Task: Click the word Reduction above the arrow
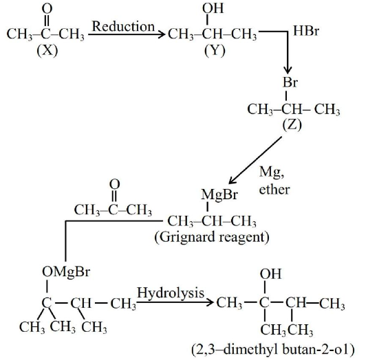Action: (x=123, y=26)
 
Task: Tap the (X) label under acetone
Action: (x=47, y=50)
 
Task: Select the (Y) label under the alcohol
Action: (x=215, y=50)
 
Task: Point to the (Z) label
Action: (x=292, y=125)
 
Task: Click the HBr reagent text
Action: (x=306, y=30)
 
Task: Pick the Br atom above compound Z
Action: (x=290, y=82)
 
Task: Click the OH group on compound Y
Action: (x=213, y=8)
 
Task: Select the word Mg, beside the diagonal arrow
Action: (x=272, y=172)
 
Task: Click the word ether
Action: (x=274, y=190)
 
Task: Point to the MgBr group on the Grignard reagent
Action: (x=219, y=194)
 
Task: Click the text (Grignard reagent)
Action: (x=212, y=237)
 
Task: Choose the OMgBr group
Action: (x=66, y=272)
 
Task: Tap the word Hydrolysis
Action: (x=171, y=293)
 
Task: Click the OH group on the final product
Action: (x=270, y=274)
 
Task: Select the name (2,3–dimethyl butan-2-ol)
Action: (x=273, y=350)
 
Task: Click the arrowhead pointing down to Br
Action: (x=288, y=70)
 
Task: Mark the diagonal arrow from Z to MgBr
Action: (x=255, y=160)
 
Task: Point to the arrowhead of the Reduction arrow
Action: (x=161, y=34)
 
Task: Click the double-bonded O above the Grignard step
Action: (x=115, y=184)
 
